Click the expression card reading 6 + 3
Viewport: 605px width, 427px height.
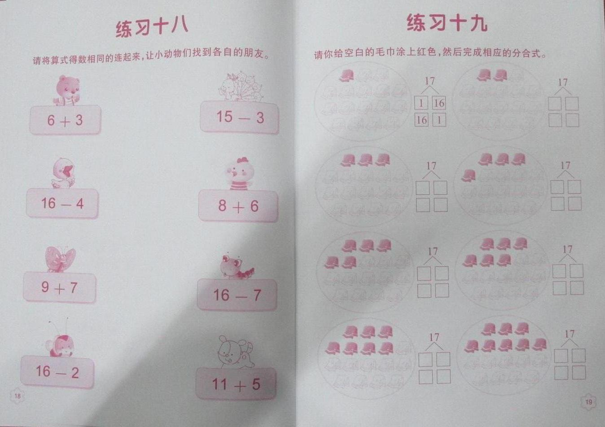[65, 120]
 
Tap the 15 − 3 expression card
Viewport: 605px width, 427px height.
[240, 118]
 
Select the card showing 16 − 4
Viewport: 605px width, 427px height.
[62, 204]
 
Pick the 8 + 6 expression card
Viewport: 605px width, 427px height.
[238, 206]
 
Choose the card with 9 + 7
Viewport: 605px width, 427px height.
[60, 288]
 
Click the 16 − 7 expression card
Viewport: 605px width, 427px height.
[237, 295]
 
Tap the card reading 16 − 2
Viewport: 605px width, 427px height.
[57, 372]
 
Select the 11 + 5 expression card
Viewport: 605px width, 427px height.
[236, 383]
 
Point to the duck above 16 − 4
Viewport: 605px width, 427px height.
[63, 173]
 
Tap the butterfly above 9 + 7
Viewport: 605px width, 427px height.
[60, 259]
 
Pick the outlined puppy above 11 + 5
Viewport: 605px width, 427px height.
[236, 352]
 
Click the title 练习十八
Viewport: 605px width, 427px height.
[152, 28]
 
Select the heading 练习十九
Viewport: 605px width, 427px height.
[447, 23]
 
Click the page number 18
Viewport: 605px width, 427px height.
[18, 396]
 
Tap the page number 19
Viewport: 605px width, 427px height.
[589, 402]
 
